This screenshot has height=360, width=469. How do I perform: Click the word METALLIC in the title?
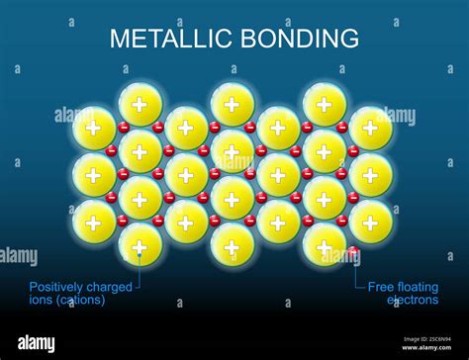tap(161, 39)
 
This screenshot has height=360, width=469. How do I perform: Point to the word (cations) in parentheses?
tap(80, 300)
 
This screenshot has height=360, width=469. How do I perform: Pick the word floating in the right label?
tap(419, 287)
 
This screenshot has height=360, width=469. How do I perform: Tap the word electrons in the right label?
tap(413, 300)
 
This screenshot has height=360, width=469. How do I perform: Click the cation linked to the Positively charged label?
tap(140, 247)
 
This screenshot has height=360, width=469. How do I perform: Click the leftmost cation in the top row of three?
tap(140, 105)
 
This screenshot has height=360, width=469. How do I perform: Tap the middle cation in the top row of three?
tap(233, 105)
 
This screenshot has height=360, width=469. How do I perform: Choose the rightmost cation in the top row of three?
tap(325, 105)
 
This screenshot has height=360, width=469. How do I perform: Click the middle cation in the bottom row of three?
tap(233, 245)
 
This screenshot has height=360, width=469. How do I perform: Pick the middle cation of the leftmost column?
tap(93, 175)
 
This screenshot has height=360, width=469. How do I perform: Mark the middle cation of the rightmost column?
tap(370, 175)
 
